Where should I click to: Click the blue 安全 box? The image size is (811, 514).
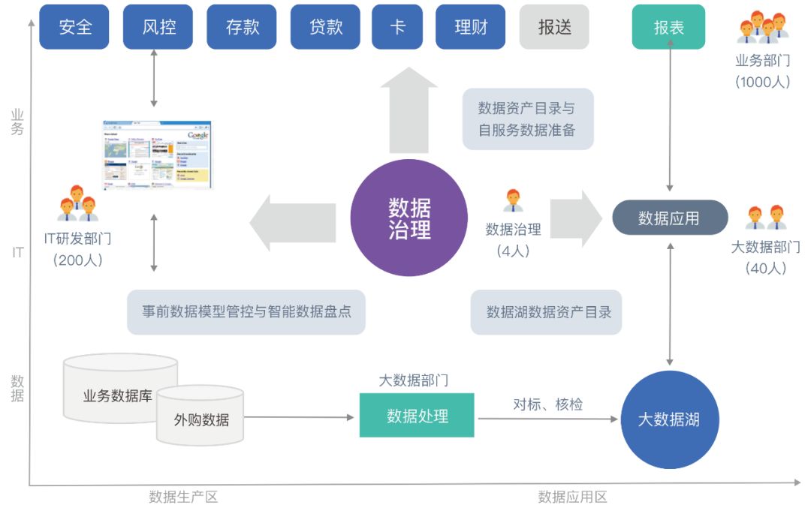tap(74, 27)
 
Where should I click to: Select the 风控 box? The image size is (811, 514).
tap(158, 27)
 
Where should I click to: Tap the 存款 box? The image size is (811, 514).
tap(243, 27)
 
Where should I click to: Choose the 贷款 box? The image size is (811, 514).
tap(326, 27)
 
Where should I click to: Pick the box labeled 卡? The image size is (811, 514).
tap(397, 27)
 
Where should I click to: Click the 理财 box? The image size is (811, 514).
tap(470, 27)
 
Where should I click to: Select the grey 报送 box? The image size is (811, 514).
tap(554, 27)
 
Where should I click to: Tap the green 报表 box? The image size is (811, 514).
tap(668, 28)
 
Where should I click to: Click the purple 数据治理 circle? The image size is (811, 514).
tap(409, 218)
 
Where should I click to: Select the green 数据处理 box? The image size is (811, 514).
tap(417, 416)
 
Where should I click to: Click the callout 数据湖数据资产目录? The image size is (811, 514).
tap(547, 312)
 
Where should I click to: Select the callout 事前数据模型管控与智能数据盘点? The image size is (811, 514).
tap(246, 312)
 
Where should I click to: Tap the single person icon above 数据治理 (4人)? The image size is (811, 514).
tap(514, 200)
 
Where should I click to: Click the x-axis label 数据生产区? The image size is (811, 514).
tap(183, 497)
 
